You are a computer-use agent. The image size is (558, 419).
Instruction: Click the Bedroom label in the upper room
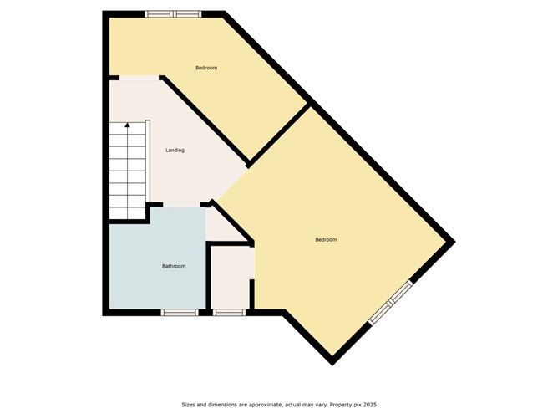pyautogui.click(x=206, y=68)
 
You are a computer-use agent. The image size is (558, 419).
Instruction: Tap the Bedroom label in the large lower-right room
pyautogui.click(x=326, y=240)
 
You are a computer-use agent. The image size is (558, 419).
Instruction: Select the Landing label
pyautogui.click(x=175, y=151)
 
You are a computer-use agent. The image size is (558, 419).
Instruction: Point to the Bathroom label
pyautogui.click(x=173, y=266)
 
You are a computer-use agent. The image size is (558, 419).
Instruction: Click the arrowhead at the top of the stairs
pyautogui.click(x=127, y=125)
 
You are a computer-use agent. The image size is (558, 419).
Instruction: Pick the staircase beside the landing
pyautogui.click(x=127, y=167)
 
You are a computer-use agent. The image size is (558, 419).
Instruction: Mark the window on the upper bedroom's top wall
pyautogui.click(x=173, y=13)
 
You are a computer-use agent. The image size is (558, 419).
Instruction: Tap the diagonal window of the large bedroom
pyautogui.click(x=391, y=302)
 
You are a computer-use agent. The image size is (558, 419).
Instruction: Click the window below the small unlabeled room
pyautogui.click(x=228, y=313)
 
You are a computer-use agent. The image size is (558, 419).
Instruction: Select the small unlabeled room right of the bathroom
pyautogui.click(x=230, y=276)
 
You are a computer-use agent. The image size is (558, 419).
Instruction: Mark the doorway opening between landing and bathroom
pyautogui.click(x=178, y=205)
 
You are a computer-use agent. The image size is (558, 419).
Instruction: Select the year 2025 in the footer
pyautogui.click(x=368, y=405)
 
